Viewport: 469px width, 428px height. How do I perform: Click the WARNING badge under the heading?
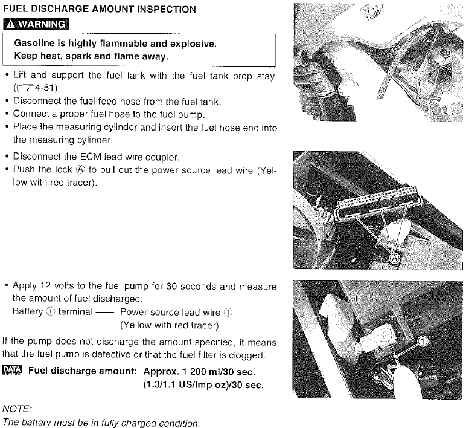36,24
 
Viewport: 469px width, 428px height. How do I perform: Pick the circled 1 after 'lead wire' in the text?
228,312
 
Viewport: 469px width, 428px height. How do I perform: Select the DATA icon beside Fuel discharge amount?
12,370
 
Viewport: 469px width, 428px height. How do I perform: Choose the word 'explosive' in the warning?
195,44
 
